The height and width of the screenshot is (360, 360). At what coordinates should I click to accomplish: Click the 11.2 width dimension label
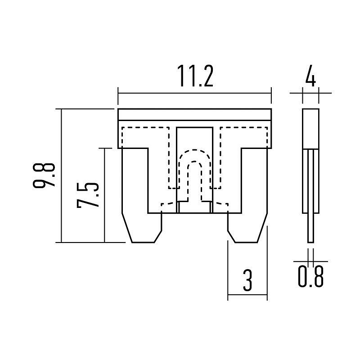[x=195, y=76]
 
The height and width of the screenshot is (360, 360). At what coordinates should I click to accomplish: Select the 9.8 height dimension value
[x=44, y=175]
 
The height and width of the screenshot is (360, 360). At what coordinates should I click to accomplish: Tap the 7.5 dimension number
[x=88, y=195]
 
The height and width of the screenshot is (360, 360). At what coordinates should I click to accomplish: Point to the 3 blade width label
[x=247, y=280]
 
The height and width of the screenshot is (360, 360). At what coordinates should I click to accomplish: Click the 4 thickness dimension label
[x=310, y=76]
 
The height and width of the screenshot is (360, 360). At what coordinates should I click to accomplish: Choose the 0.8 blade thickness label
[x=311, y=276]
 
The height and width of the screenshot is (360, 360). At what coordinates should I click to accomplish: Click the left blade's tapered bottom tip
[x=143, y=242]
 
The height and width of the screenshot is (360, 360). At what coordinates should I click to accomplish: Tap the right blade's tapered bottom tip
[x=246, y=242]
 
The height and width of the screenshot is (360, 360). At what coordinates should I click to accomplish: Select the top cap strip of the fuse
[x=195, y=114]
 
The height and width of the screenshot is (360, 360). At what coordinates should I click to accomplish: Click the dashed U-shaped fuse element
[x=195, y=176]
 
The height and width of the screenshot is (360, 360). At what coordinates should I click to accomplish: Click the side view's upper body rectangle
[x=310, y=129]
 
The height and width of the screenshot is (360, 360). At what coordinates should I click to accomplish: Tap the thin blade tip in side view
[x=310, y=228]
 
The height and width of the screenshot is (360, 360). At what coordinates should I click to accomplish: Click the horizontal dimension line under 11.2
[x=195, y=93]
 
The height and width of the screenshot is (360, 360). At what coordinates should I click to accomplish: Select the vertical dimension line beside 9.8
[x=62, y=175]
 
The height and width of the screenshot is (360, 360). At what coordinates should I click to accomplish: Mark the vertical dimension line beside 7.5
[x=104, y=195]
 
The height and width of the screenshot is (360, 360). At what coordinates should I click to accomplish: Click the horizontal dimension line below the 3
[x=247, y=295]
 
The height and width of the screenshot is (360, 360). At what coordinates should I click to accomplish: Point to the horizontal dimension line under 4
[x=310, y=93]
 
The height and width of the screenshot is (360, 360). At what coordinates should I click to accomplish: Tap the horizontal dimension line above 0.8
[x=310, y=261]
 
